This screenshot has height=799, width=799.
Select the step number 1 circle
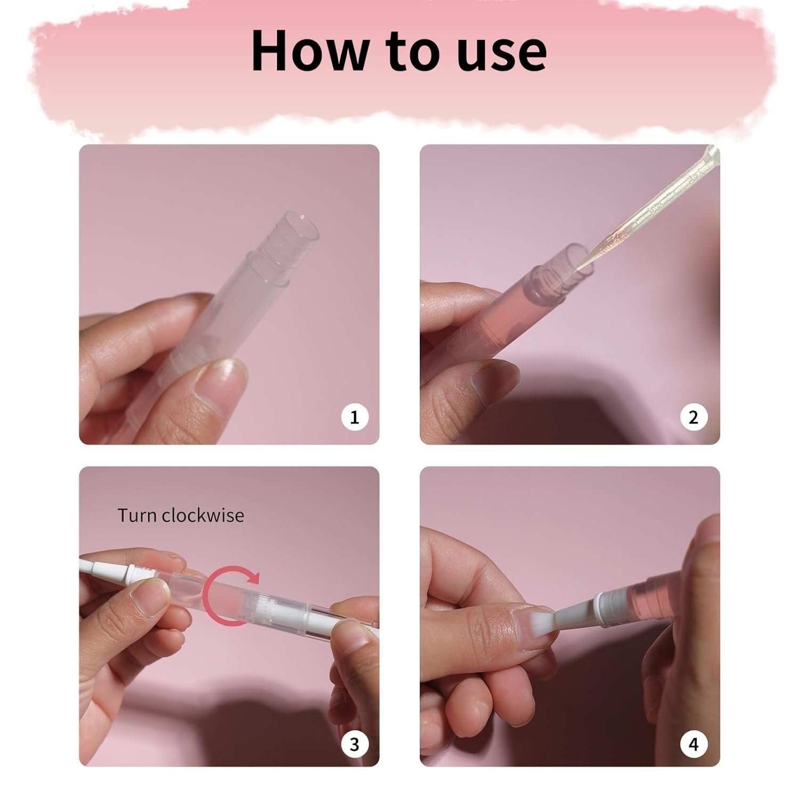pos(354,417)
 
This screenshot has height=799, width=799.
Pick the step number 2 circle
pos(693,417)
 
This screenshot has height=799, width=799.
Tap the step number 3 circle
pos(354,744)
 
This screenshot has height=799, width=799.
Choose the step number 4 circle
pos(693,744)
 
